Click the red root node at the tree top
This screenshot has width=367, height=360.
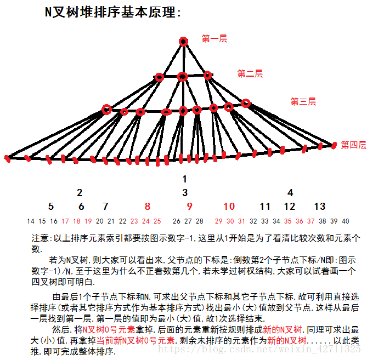click(183, 41)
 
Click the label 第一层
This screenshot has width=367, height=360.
click(214, 39)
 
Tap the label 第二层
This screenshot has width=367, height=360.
click(250, 73)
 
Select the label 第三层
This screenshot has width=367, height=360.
click(303, 101)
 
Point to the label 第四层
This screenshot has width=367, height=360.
click(353, 145)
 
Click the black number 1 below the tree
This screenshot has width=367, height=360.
click(185, 179)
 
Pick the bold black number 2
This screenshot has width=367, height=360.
click(80, 192)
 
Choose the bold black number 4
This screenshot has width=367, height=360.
click(290, 192)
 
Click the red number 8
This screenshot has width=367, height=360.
click(147, 207)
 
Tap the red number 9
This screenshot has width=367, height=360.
click(189, 207)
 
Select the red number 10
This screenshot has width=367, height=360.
click(229, 207)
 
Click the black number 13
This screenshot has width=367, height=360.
click(319, 207)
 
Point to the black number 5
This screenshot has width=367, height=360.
click(51, 207)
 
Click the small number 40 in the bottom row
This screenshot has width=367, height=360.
click(345, 221)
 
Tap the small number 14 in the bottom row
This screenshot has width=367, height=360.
click(30, 221)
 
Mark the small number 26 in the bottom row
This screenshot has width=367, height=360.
click(176, 221)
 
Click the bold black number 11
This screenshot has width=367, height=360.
click(266, 207)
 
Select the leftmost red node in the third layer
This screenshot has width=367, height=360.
click(106, 110)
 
